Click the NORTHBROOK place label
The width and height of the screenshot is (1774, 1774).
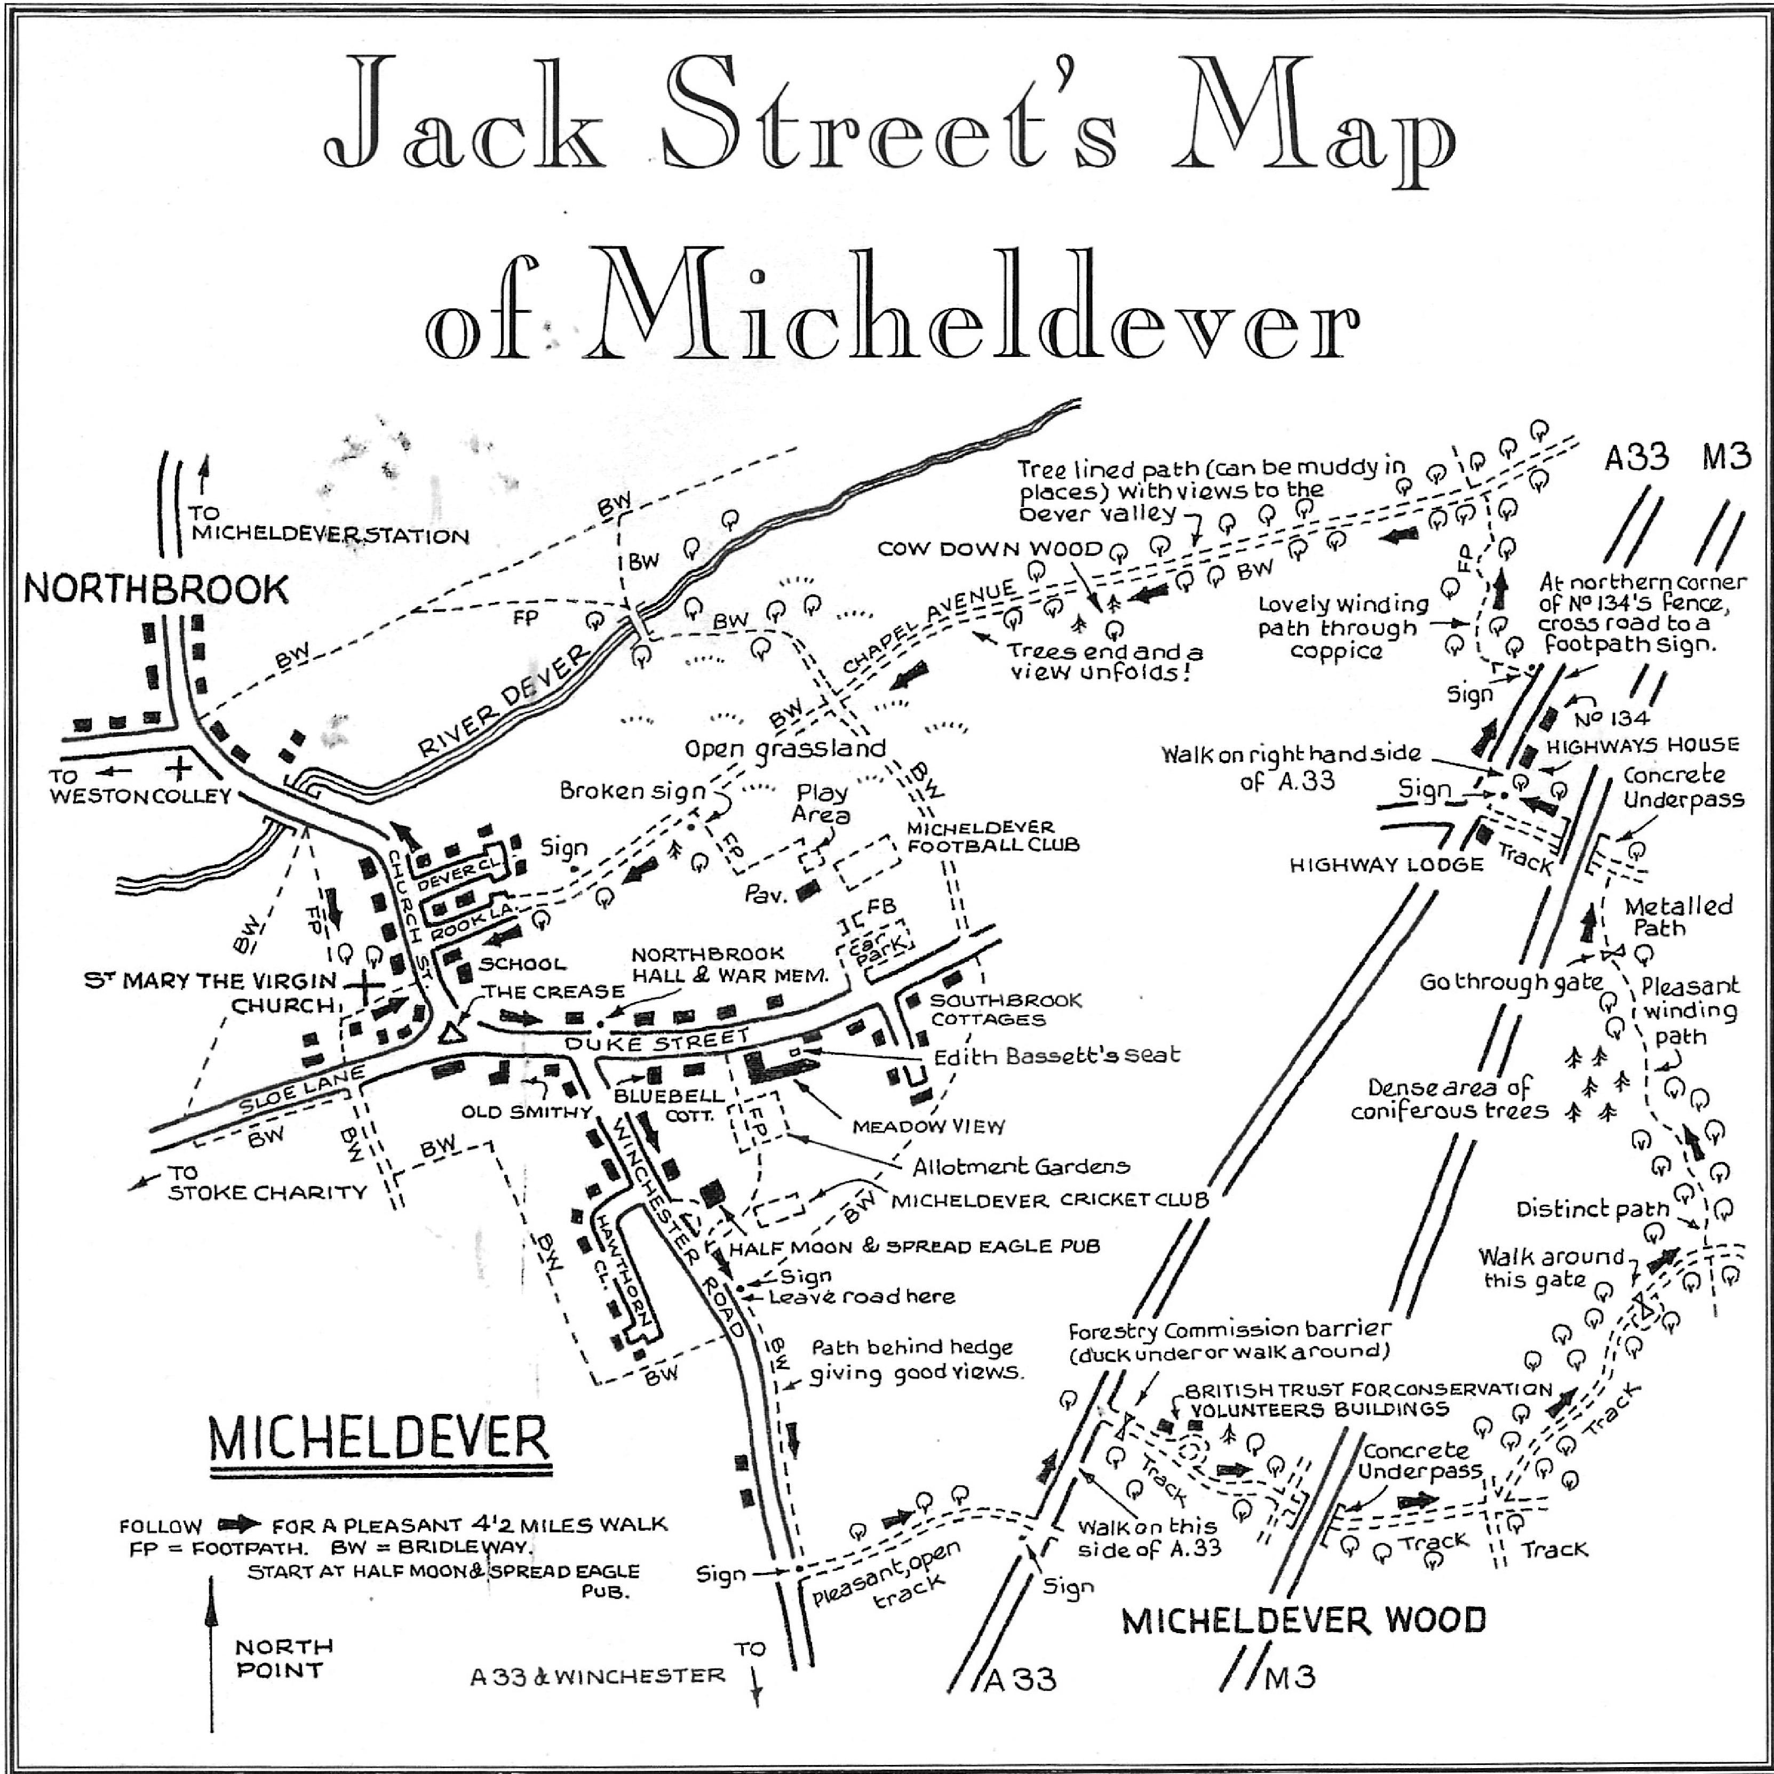point(156,588)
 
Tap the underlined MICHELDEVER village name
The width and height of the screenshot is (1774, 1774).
point(378,1441)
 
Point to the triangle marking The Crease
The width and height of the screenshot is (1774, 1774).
point(450,1033)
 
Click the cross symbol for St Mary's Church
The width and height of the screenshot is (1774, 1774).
point(365,986)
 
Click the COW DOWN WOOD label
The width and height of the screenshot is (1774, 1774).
point(990,549)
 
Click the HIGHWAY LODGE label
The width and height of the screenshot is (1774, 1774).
point(1387,864)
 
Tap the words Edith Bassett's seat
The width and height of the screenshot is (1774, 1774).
point(1056,1056)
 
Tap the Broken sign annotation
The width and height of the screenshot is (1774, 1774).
point(633,791)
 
